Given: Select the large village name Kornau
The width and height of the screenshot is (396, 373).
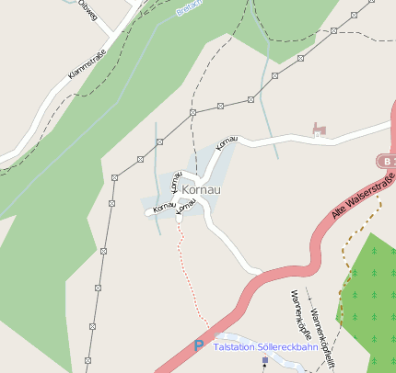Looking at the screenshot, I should [202, 189].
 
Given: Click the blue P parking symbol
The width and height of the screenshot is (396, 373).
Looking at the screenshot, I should [198, 346].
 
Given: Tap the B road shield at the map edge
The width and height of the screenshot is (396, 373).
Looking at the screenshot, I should [388, 161].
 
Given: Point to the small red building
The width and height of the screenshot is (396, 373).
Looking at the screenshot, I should [320, 128].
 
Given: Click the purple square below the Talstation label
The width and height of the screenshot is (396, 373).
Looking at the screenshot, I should [265, 360].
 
